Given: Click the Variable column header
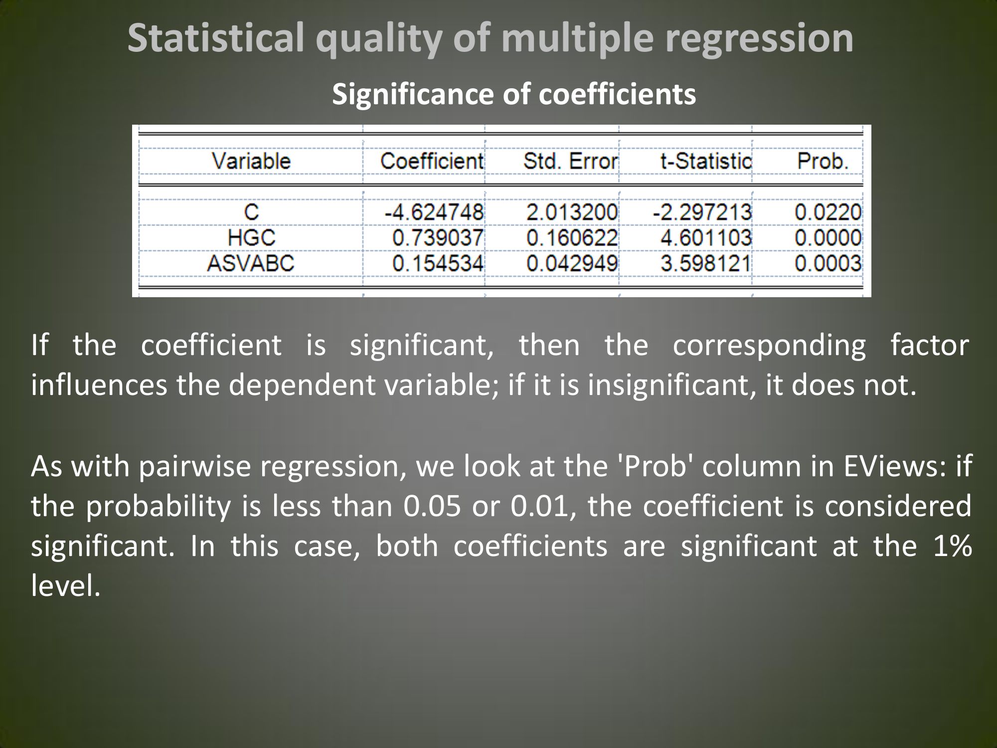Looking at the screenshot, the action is [x=251, y=161].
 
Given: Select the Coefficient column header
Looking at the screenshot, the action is [x=432, y=161].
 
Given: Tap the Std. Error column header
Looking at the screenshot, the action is [x=570, y=161].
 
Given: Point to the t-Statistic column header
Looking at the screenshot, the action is [x=706, y=161].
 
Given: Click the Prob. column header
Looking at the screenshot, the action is [x=823, y=161].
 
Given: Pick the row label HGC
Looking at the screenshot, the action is [x=252, y=237].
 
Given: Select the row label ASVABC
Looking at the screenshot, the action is [x=251, y=263].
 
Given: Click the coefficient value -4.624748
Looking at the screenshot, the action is [x=434, y=212].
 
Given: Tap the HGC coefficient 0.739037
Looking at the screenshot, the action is [x=438, y=237].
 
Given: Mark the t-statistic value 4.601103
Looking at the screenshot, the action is [x=706, y=237].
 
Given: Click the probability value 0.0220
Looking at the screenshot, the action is [x=828, y=212].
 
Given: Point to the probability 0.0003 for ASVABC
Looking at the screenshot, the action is [x=828, y=263].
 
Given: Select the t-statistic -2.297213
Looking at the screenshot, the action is [x=702, y=212].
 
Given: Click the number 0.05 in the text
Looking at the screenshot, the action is [x=432, y=506].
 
